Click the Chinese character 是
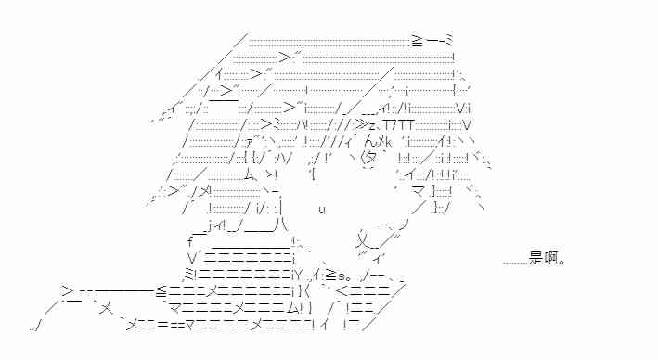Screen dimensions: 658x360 click(x=535, y=259)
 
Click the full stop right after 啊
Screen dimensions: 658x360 click(x=562, y=263)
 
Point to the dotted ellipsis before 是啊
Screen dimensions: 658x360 click(x=515, y=264)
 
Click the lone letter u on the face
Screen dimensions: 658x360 click(x=322, y=210)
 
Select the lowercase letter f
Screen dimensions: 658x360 click(x=191, y=241)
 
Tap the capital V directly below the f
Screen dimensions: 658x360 click(x=192, y=257)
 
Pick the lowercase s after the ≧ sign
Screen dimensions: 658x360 click(x=342, y=276)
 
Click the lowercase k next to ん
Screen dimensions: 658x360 click(x=388, y=142)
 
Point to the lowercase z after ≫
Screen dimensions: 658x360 click(x=371, y=125)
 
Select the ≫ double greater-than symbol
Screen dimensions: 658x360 click(x=360, y=124)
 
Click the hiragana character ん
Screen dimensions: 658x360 click(x=371, y=141)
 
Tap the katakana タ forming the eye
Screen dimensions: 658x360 click(x=368, y=158)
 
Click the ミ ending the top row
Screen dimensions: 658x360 click(x=448, y=41)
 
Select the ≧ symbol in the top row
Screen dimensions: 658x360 click(x=417, y=41)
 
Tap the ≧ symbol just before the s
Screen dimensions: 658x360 click(x=331, y=276)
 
